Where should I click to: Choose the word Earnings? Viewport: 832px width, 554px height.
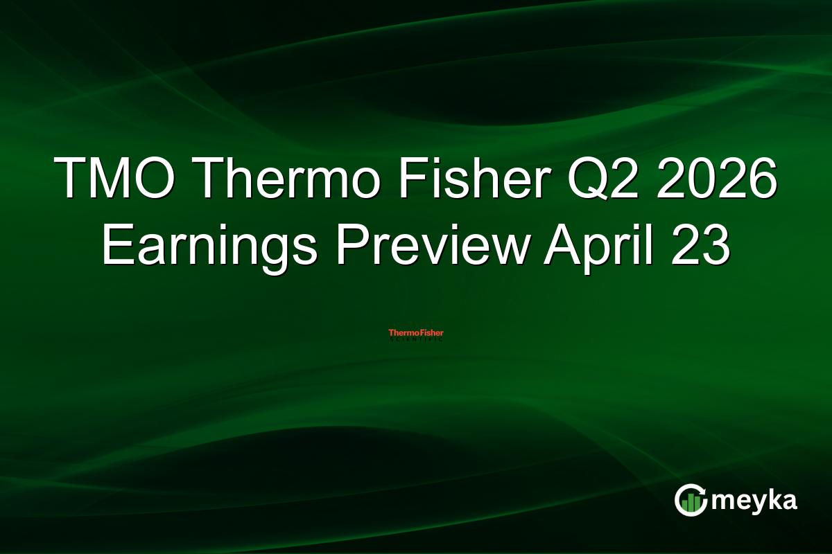coord(208,247)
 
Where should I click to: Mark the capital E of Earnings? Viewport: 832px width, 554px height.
coord(116,247)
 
